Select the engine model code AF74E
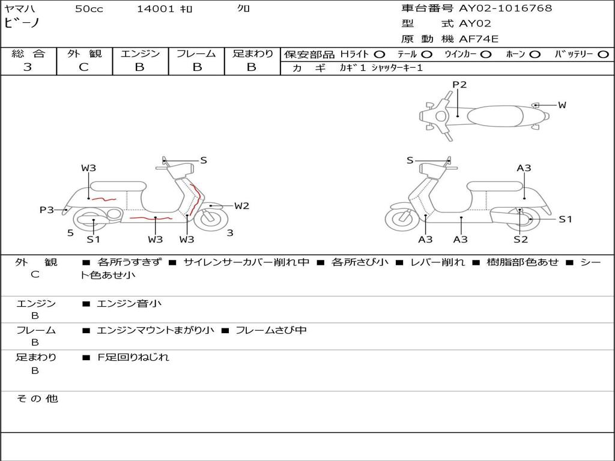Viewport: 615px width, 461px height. click(x=479, y=40)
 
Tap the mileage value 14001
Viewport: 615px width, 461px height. click(x=156, y=9)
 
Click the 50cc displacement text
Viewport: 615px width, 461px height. click(x=89, y=9)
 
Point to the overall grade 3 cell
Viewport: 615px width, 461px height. click(x=28, y=67)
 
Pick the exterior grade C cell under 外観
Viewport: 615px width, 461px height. click(x=84, y=67)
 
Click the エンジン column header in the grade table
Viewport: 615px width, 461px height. click(x=140, y=54)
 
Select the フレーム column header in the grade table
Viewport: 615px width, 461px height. click(x=196, y=54)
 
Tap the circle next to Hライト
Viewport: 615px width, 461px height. click(x=380, y=55)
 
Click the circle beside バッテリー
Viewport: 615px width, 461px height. click(x=603, y=55)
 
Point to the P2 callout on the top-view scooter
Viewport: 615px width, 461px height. click(x=459, y=85)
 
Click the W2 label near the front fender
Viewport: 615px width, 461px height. click(x=241, y=206)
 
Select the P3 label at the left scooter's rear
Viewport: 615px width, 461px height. click(x=47, y=209)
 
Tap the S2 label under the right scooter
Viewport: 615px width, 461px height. click(x=520, y=240)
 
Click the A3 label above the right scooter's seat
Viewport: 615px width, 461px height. click(x=524, y=168)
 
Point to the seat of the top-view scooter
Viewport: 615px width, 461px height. click(x=492, y=115)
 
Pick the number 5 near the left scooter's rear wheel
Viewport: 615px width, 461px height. click(x=70, y=232)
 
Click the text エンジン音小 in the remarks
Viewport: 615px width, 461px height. click(x=129, y=304)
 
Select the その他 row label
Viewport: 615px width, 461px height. click(x=37, y=399)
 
